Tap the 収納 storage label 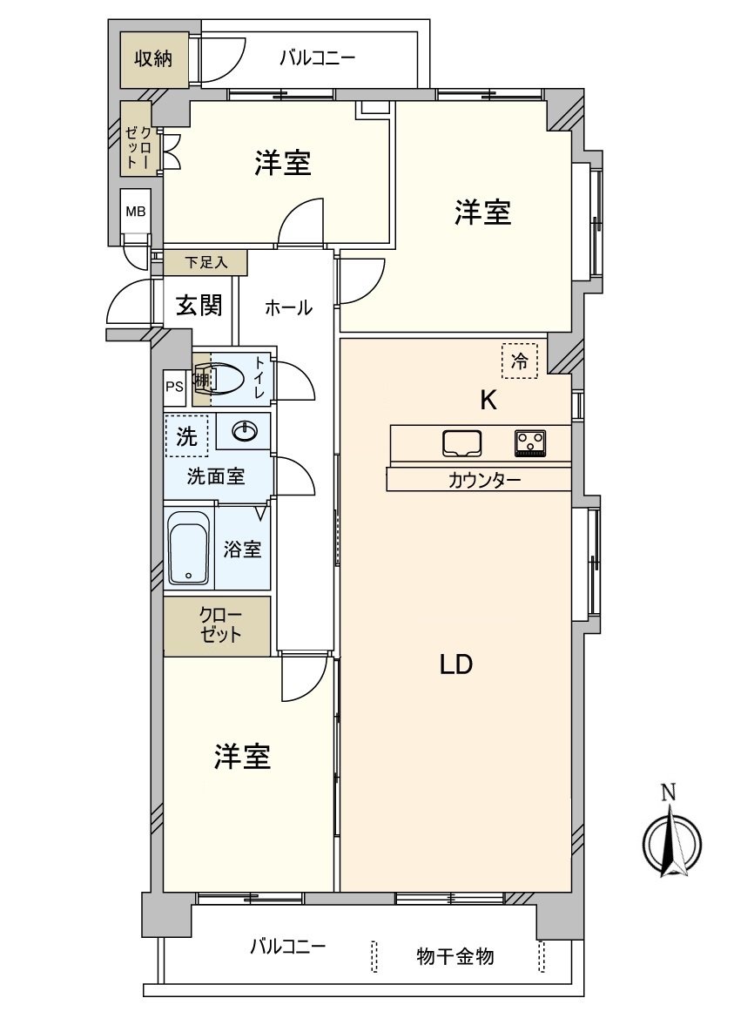152,59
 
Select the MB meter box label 136,212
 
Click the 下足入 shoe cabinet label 205,261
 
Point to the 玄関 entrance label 199,306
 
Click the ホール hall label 287,307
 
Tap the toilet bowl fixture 226,378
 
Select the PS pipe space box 174,388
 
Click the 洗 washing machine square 186,437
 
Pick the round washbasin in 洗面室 245,431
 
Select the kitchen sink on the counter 462,443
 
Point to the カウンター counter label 485,480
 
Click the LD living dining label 455,664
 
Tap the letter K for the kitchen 488,401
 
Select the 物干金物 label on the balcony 455,956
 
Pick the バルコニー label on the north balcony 317,59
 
